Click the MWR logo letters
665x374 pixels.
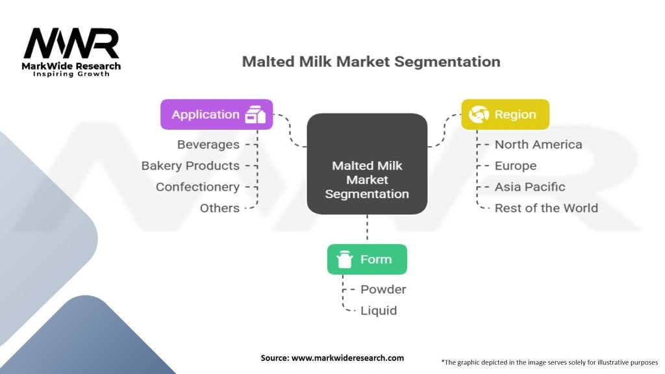click(x=71, y=44)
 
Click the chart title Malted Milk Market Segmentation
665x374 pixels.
click(x=371, y=62)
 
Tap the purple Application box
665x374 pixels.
click(x=217, y=114)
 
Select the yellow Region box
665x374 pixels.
click(x=505, y=114)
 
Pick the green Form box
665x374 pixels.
click(x=367, y=259)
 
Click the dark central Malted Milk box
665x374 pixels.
click(x=367, y=164)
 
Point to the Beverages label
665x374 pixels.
click(x=208, y=145)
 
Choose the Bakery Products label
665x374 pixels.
click(x=190, y=166)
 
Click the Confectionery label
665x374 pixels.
click(x=197, y=187)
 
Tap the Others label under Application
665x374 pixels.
click(x=220, y=208)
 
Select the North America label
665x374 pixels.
click(x=538, y=145)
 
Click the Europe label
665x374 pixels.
click(x=515, y=166)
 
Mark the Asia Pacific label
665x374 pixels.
click(x=530, y=187)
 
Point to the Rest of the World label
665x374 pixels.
click(x=546, y=208)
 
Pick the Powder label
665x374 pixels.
click(x=383, y=290)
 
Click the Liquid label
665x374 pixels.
click(x=379, y=311)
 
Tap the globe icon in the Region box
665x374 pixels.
click(x=479, y=114)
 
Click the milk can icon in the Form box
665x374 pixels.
click(x=344, y=259)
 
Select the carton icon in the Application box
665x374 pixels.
click(x=255, y=114)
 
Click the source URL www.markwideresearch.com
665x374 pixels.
click(x=348, y=358)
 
